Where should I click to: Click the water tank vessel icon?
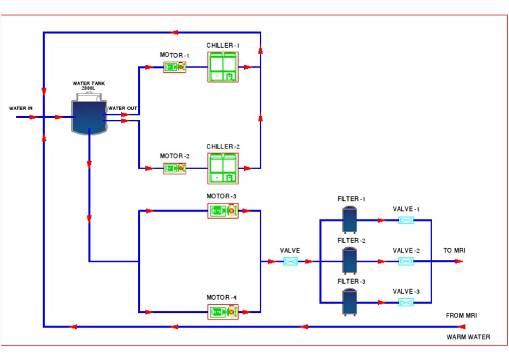(x=88, y=115)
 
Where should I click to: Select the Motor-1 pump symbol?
(x=175, y=67)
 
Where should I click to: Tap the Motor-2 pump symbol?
(x=175, y=168)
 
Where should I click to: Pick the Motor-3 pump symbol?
(x=223, y=211)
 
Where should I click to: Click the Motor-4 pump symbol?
(x=223, y=312)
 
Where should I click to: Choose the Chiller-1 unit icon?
(x=223, y=66)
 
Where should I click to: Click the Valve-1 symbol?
(x=406, y=220)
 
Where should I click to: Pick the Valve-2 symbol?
(x=406, y=261)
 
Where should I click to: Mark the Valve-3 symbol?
(x=406, y=302)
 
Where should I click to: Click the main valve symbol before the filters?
(x=290, y=261)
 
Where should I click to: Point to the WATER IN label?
(x=21, y=108)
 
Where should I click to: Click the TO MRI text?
(x=454, y=251)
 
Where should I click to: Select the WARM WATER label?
(x=469, y=337)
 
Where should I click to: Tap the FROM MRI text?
(x=461, y=316)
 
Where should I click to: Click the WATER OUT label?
(x=123, y=108)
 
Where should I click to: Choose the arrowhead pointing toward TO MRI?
(x=458, y=261)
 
